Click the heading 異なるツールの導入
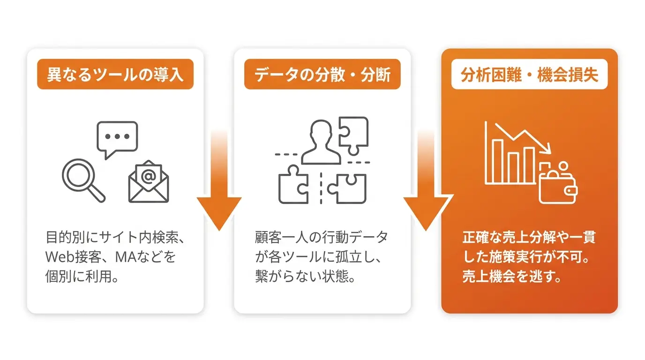tap(115, 75)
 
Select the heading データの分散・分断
tap(322, 75)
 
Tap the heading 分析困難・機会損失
tap(529, 75)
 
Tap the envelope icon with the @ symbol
tap(149, 181)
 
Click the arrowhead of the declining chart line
tap(547, 149)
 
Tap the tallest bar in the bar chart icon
tap(497, 161)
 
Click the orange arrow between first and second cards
tap(219, 180)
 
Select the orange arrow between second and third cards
tap(426, 180)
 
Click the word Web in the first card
tap(60, 256)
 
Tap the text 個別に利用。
tap(82, 276)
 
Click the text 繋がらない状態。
tap(305, 276)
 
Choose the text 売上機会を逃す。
tap(512, 276)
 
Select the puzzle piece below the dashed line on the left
tap(293, 184)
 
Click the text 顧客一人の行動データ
tap(322, 237)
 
